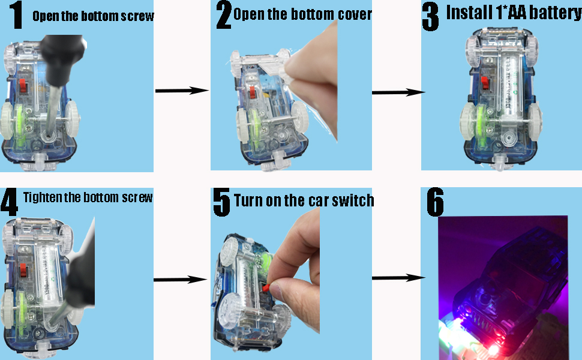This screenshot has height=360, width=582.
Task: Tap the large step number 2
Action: click(224, 15)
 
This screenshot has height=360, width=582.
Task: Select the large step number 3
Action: click(431, 17)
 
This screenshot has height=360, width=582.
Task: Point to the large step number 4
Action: click(9, 202)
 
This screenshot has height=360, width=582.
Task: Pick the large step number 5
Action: click(221, 202)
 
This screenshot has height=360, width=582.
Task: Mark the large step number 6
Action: click(436, 202)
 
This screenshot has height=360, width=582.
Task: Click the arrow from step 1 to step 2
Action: click(182, 91)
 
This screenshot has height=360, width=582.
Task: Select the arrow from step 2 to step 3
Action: click(398, 92)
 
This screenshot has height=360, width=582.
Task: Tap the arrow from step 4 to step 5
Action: click(181, 280)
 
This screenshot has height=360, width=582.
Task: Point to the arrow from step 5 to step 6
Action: click(398, 278)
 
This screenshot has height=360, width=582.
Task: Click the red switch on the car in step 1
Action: click(23, 86)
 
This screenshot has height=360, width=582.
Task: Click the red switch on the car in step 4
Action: click(23, 271)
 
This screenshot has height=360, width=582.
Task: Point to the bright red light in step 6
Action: click(493, 349)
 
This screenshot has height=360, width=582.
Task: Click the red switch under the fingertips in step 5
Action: click(266, 288)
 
